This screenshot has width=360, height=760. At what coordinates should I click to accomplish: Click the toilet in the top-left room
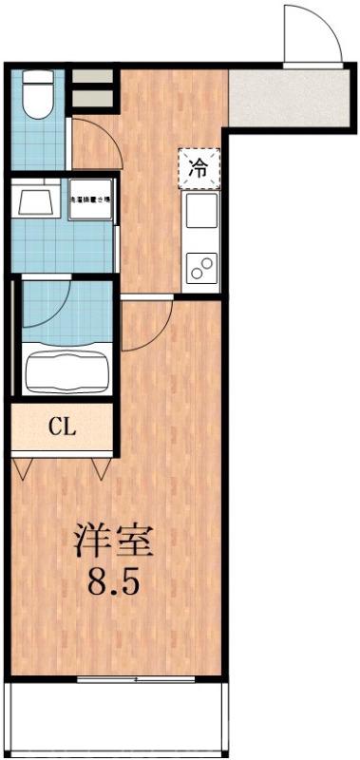coord(39,94)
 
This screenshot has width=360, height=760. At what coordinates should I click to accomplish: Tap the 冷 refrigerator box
coord(199,169)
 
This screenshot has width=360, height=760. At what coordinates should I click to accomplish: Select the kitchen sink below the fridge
coord(200,212)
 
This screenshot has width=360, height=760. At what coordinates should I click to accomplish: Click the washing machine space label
coord(91,200)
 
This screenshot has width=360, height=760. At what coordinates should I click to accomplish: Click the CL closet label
coord(63,426)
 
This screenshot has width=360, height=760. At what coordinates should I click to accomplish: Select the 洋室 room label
coord(114,541)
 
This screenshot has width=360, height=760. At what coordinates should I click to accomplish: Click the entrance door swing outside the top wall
coord(311,36)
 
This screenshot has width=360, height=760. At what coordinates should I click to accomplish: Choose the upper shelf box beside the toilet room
coord(93,78)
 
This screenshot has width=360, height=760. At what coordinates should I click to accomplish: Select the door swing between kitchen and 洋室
coord(145,323)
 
